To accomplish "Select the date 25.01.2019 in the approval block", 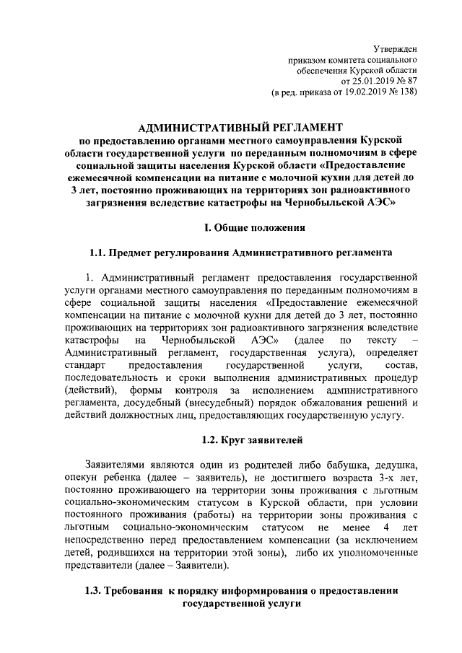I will tap(370, 82).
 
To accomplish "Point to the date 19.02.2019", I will tap(368, 94).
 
